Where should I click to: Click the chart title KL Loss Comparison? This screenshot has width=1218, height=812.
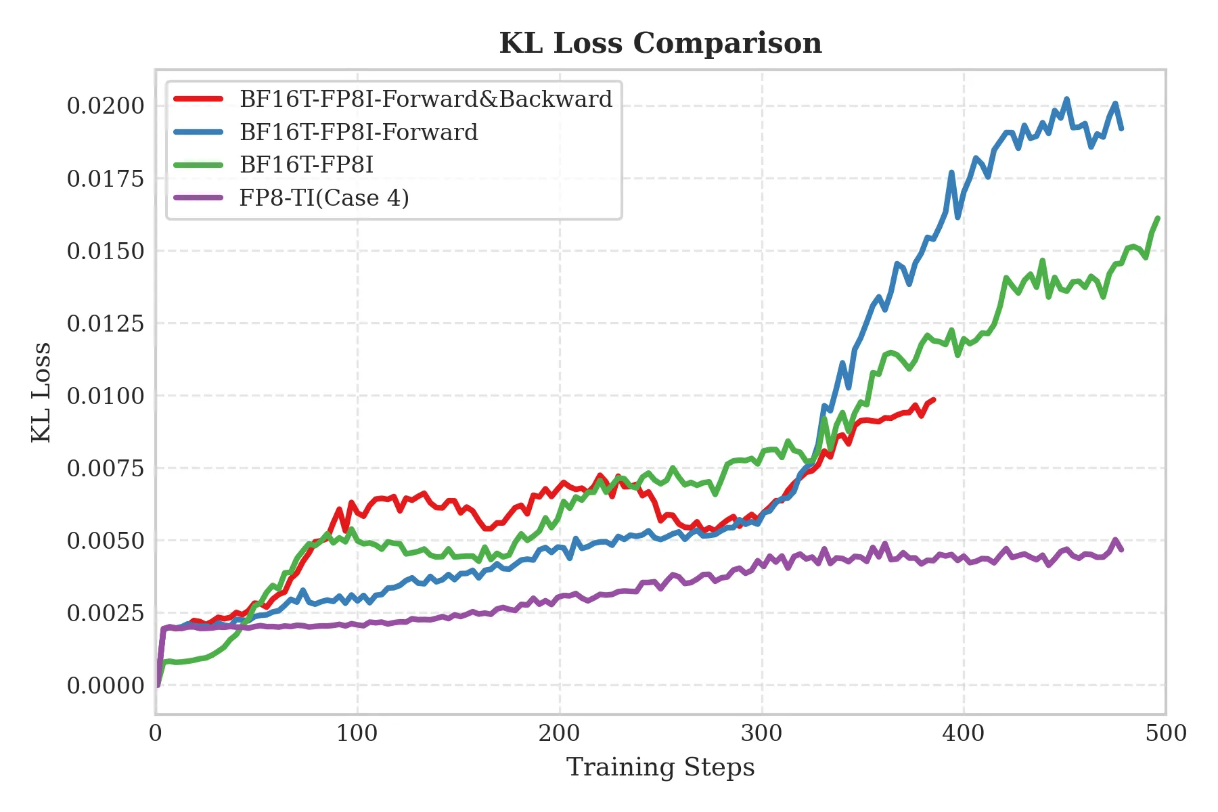pos(660,43)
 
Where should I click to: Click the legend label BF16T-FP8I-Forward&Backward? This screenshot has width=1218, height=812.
pos(426,99)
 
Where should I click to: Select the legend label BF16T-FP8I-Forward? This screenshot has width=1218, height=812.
pos(359,132)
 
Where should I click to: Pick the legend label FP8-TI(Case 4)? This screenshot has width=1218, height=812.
pos(324,198)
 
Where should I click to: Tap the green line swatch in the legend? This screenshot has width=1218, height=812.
pos(198,164)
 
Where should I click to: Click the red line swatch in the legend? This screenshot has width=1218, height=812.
pos(198,99)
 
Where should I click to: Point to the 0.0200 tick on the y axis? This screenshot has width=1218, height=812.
pos(106,106)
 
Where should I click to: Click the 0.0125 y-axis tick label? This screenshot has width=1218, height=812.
pos(106,323)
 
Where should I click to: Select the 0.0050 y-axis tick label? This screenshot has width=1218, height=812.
pos(106,541)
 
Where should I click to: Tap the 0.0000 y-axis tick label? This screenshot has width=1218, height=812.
pos(106,685)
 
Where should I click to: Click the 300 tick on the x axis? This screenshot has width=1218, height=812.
pos(762,733)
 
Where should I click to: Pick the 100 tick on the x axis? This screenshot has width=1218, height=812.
pos(357,733)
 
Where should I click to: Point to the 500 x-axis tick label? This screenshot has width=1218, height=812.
pos(1166,733)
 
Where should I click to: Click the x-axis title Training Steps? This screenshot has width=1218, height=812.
pos(660,767)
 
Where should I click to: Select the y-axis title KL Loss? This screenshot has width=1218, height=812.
pos(42,392)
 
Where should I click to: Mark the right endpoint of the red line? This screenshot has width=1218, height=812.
pos(934,399)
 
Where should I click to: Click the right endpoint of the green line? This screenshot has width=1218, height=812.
pos(1158,218)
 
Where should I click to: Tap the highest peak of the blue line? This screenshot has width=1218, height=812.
pos(1066,99)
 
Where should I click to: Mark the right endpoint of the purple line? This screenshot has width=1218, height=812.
pos(1122,550)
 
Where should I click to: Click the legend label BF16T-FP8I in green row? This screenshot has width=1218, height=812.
pos(306,164)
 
